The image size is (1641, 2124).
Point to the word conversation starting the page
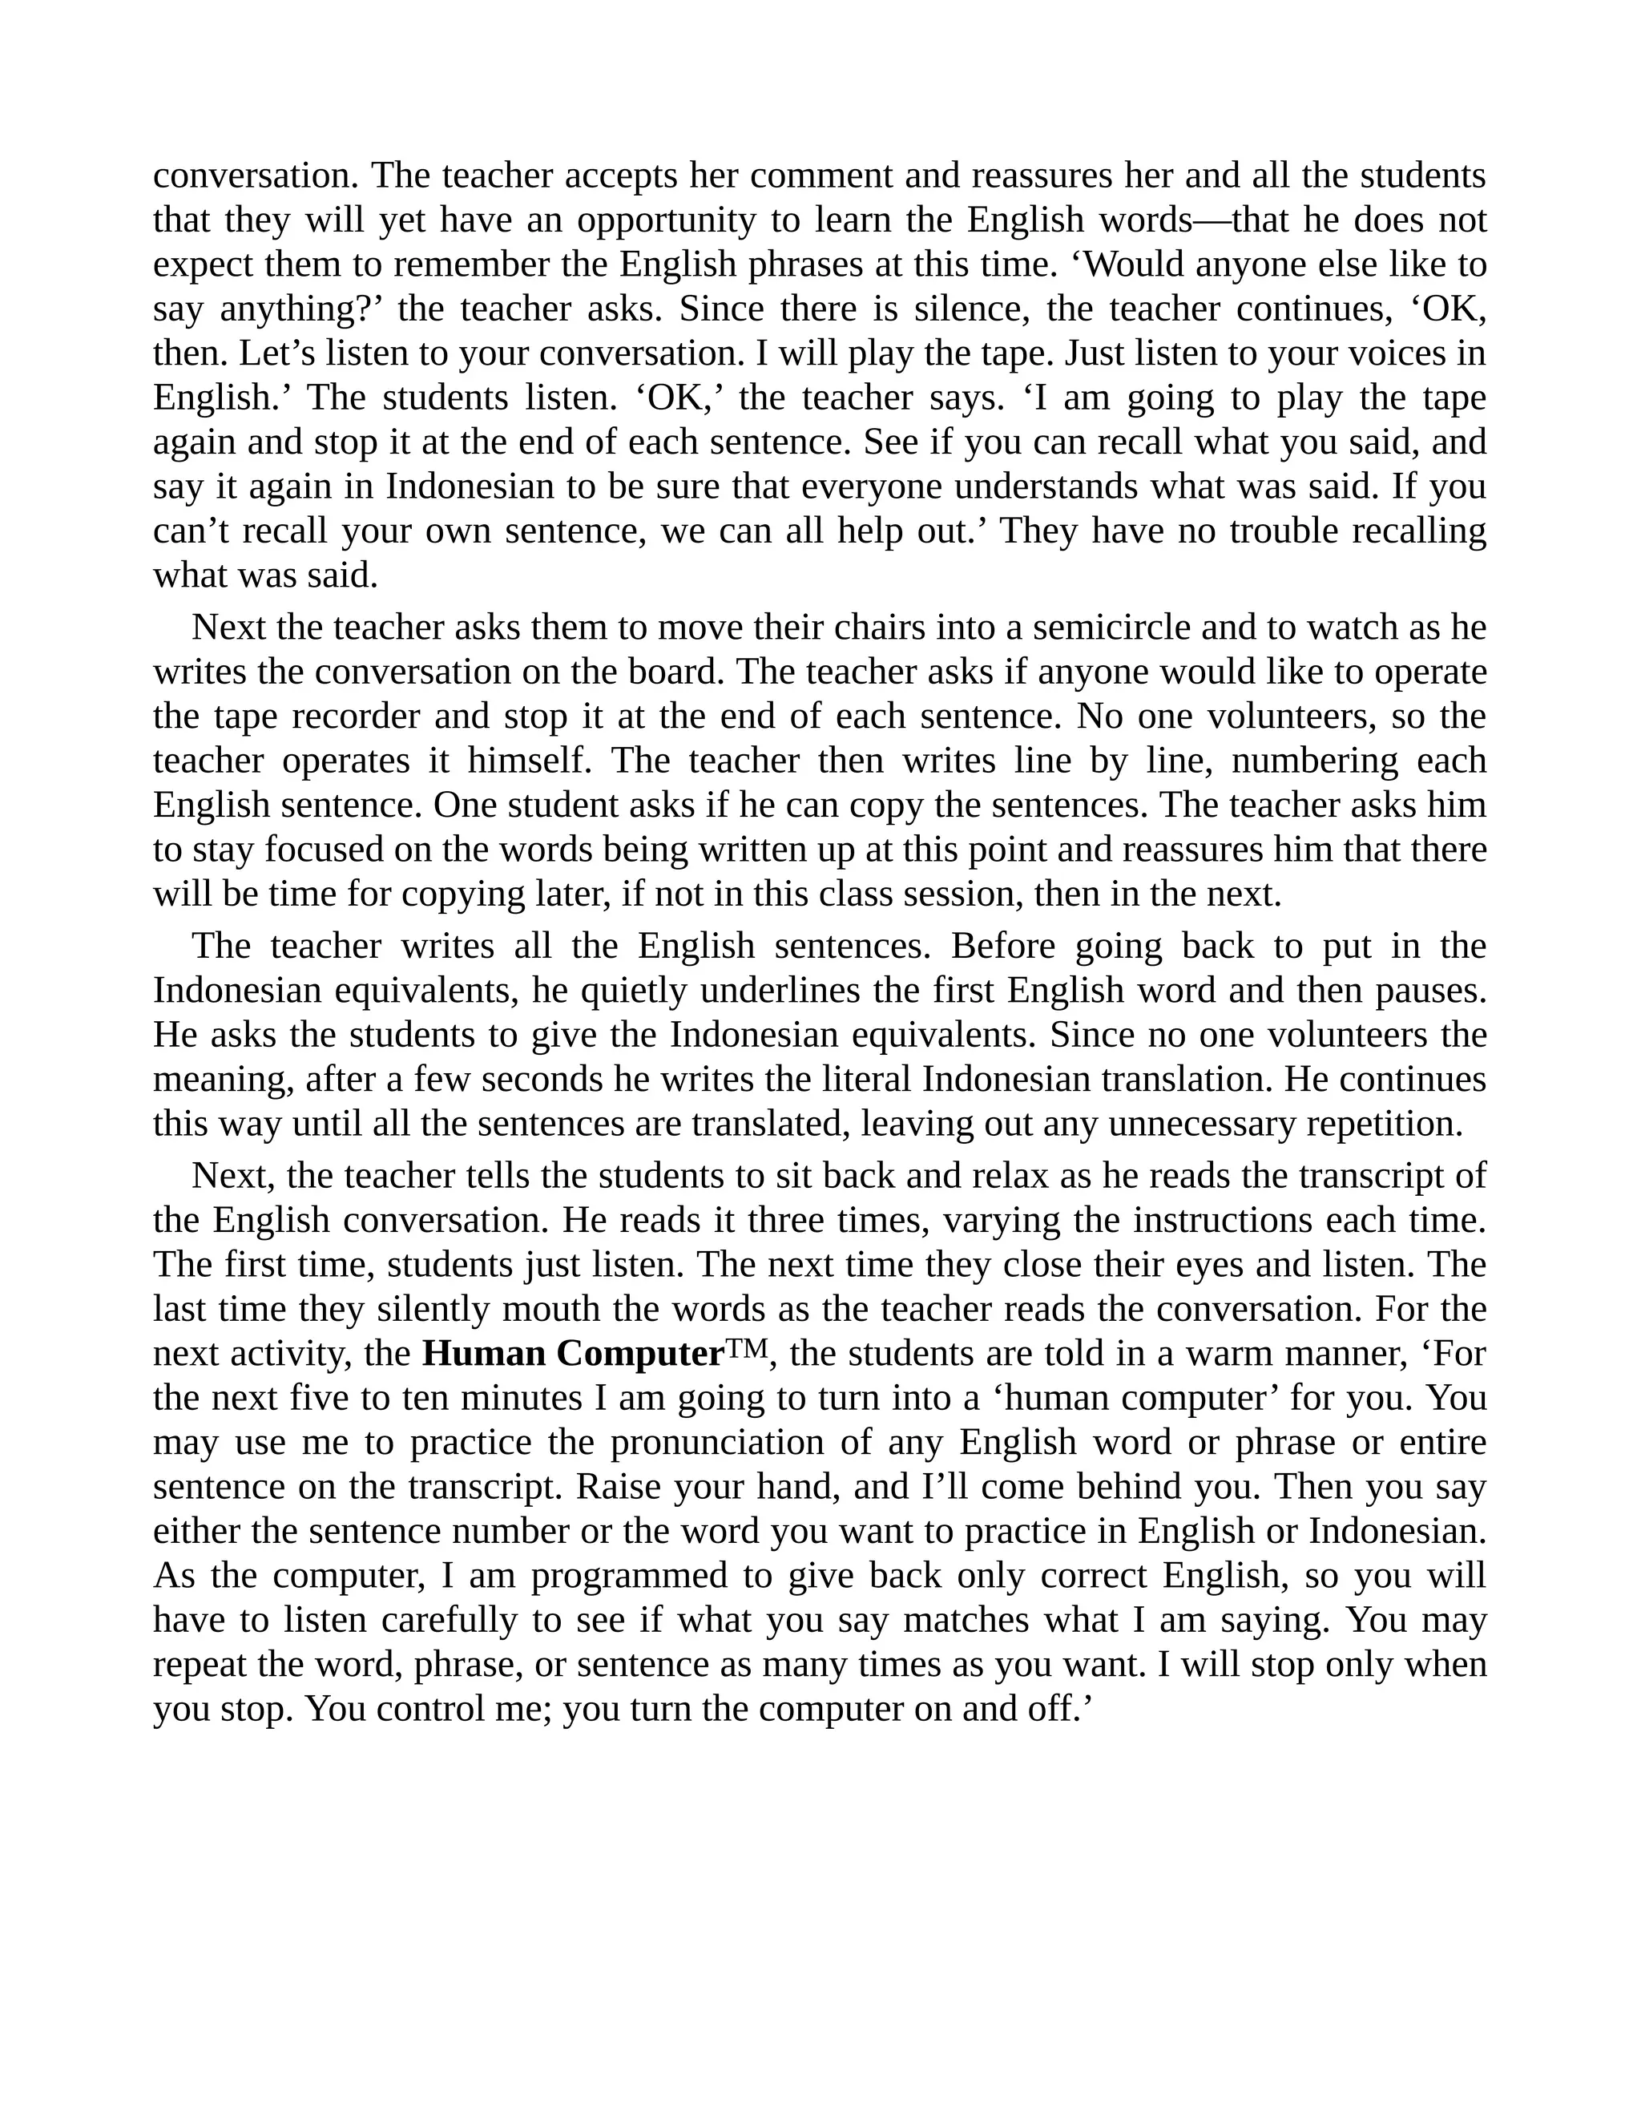tap(256, 176)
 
